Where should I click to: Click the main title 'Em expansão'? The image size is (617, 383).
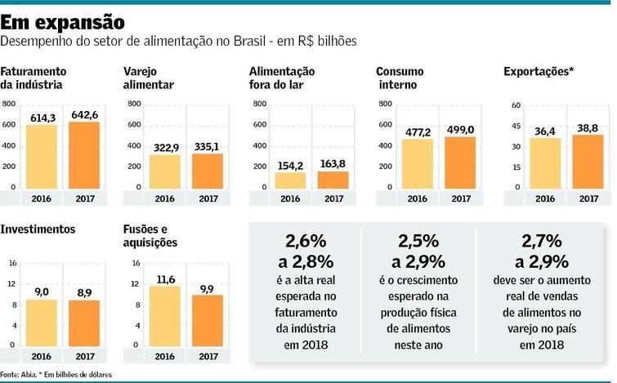(x=63, y=20)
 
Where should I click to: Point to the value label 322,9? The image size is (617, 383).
(x=164, y=147)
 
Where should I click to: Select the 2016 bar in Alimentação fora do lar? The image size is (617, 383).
(x=290, y=180)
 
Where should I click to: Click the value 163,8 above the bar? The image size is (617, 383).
(x=333, y=163)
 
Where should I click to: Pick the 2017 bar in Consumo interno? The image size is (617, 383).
(x=460, y=163)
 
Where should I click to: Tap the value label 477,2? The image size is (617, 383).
(x=418, y=131)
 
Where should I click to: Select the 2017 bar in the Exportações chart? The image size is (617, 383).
(x=588, y=162)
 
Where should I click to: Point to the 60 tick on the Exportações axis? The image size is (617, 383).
(x=516, y=105)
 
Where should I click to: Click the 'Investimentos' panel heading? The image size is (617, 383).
(x=38, y=229)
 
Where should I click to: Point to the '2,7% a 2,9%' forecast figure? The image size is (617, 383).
(x=540, y=251)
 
